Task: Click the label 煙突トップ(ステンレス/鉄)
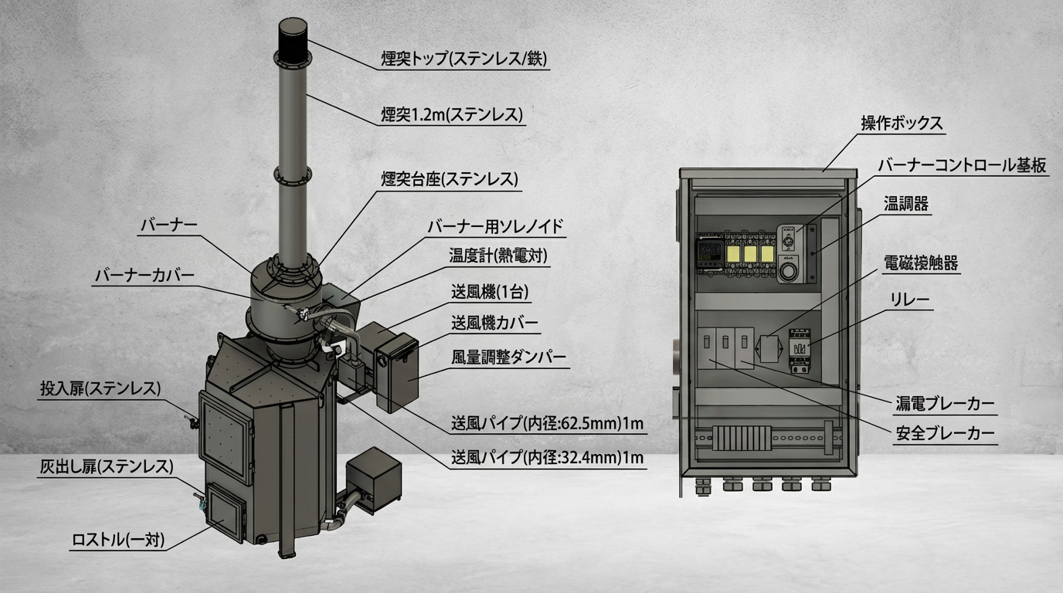coord(464,59)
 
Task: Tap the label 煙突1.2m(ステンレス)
coord(452,115)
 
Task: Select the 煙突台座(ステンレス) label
coord(450,179)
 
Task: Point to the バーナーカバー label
coord(144,276)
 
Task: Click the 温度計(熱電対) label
coord(498,256)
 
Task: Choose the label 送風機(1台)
coord(490,292)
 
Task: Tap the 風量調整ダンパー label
coord(509,357)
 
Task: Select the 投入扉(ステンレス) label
coord(100,389)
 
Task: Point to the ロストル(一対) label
coord(118,540)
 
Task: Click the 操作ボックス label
coord(902,124)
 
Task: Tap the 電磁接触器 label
coord(921,263)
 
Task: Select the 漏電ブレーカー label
coord(945,404)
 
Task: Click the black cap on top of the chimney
coord(293,40)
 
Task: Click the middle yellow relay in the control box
coord(750,254)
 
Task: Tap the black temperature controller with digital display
coord(710,254)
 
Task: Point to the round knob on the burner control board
coord(789,272)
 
